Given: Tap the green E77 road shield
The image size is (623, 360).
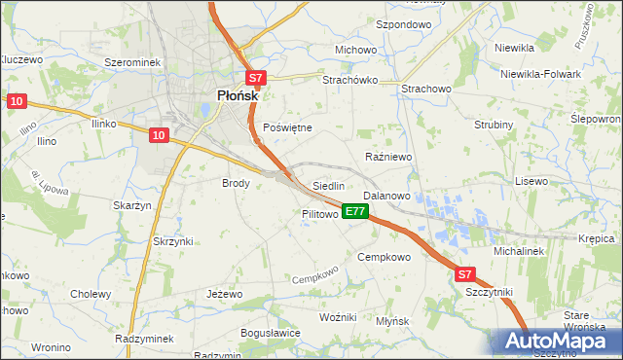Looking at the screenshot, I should coord(355,211).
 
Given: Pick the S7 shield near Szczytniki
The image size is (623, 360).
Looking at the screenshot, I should coord(466,275).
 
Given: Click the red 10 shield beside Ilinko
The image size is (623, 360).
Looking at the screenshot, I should coord(161,135).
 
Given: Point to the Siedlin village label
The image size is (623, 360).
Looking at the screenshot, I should coord(328,186).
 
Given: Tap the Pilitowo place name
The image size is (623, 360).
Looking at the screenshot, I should coord(319,213).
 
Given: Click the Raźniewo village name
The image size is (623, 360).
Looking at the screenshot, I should coord(388,157).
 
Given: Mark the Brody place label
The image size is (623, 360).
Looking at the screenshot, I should coord(237,183).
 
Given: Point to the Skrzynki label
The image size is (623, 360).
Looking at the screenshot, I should coord(173,241).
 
